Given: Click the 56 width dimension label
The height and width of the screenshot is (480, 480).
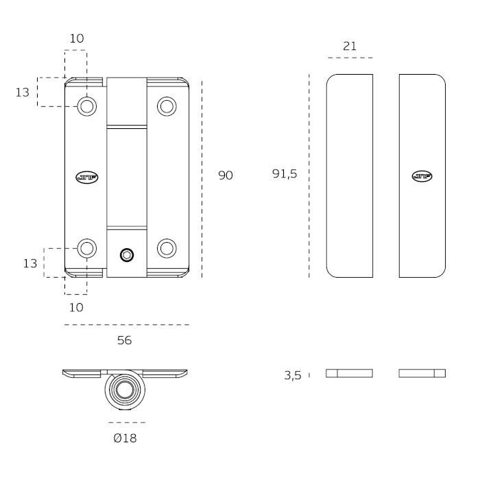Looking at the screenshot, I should [124, 340].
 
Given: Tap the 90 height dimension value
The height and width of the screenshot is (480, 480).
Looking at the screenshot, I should [226, 176].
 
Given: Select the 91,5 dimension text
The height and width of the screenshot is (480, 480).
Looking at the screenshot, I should [285, 174].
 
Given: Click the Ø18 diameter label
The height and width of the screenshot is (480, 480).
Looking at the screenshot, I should [125, 437].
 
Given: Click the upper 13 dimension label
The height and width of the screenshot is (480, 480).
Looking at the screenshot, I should [23, 92].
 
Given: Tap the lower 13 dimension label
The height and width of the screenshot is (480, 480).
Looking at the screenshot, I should [29, 263].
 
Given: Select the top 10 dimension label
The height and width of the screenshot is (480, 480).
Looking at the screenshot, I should [76, 38].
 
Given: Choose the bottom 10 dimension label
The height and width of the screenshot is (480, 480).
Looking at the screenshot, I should [76, 307].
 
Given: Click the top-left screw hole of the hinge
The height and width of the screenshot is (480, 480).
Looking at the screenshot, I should [86, 106].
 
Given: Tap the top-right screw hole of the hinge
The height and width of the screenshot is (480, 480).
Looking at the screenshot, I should [167, 106].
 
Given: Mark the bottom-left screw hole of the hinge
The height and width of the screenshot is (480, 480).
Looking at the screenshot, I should [86, 248].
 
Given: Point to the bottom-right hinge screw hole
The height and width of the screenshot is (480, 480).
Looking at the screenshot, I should [167, 248].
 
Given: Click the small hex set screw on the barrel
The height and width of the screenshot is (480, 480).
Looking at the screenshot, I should [127, 255].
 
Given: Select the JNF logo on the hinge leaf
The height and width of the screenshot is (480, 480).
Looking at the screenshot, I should [86, 176].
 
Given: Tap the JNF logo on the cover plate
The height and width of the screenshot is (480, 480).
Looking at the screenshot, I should [421, 176].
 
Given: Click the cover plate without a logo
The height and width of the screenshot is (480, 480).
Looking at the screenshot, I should [350, 176].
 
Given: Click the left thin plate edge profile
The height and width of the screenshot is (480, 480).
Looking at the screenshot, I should [350, 373].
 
